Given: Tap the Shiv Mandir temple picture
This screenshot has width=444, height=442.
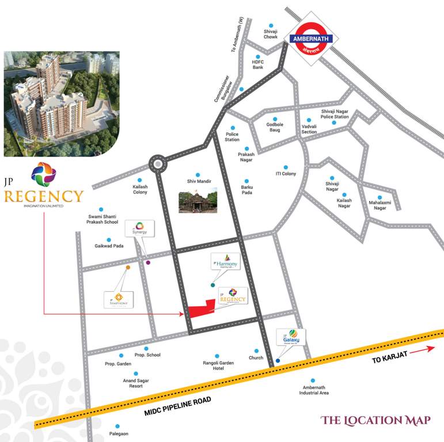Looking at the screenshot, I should [198, 200].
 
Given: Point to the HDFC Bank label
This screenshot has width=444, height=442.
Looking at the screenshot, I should [257, 64].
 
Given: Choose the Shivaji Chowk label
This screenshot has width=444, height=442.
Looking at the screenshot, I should [271, 34].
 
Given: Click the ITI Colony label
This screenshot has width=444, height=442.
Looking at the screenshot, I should [286, 174].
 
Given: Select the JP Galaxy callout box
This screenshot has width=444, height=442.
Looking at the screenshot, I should [290, 337].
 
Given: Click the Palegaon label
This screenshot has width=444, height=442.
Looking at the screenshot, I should [119, 433].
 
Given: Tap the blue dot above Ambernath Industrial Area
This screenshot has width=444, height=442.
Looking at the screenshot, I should [313, 380].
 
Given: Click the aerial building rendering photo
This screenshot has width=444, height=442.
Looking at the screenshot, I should [62, 104].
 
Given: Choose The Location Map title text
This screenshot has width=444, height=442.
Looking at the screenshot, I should [375, 421].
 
